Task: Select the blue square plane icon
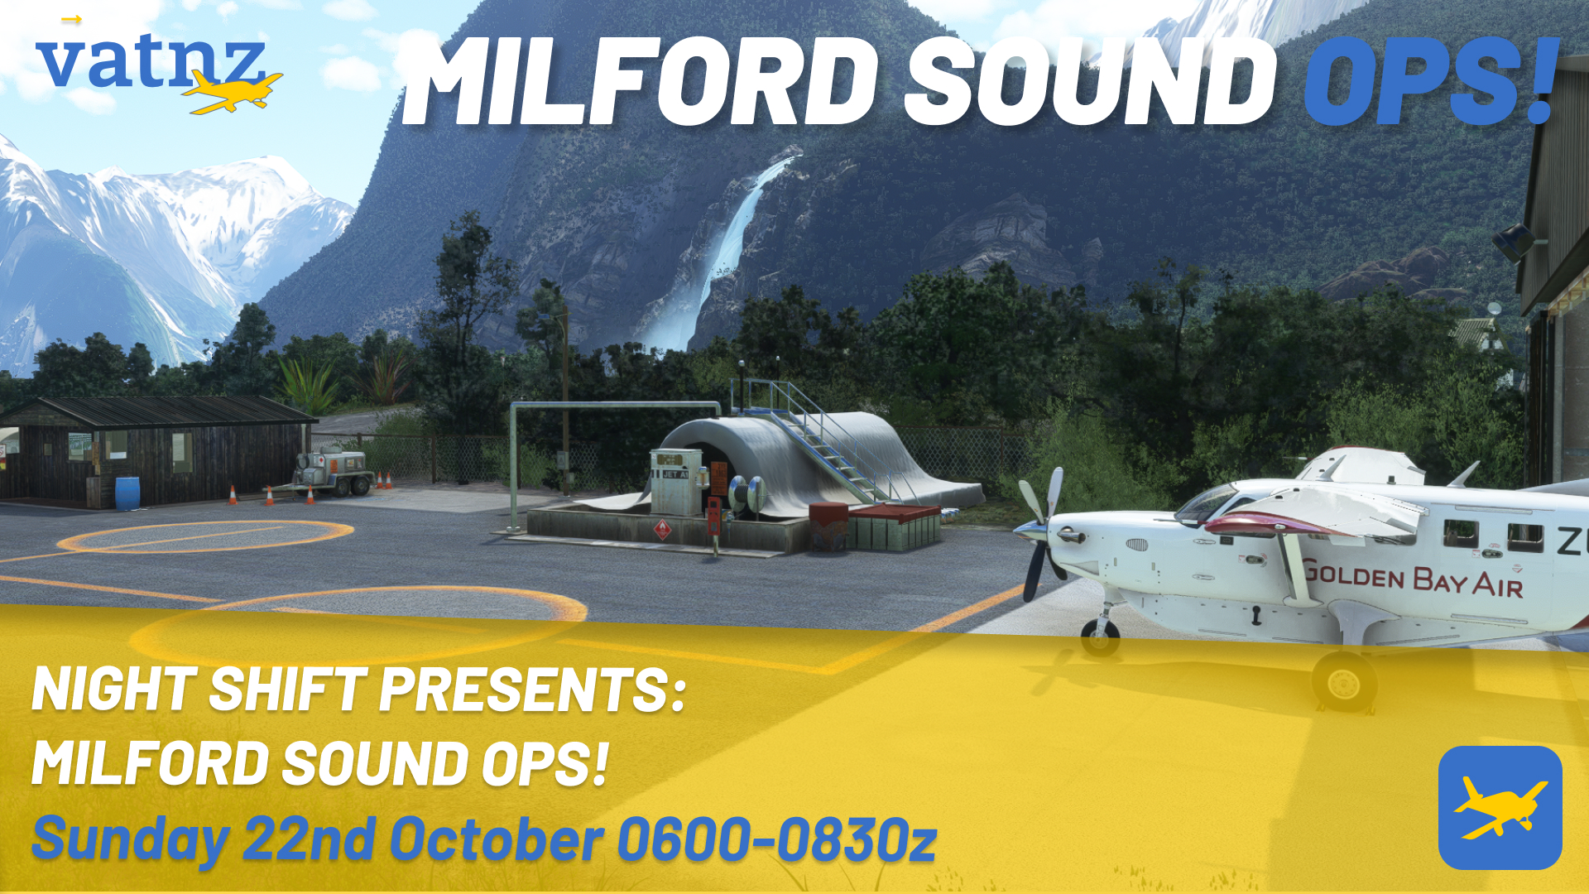coord(1500,807)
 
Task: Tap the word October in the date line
coord(497,839)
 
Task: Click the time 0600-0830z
coord(776,839)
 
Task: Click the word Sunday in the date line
coord(130,839)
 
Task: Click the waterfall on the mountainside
coord(728,248)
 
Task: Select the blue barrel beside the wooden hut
coord(127,493)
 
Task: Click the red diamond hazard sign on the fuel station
coord(662,529)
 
